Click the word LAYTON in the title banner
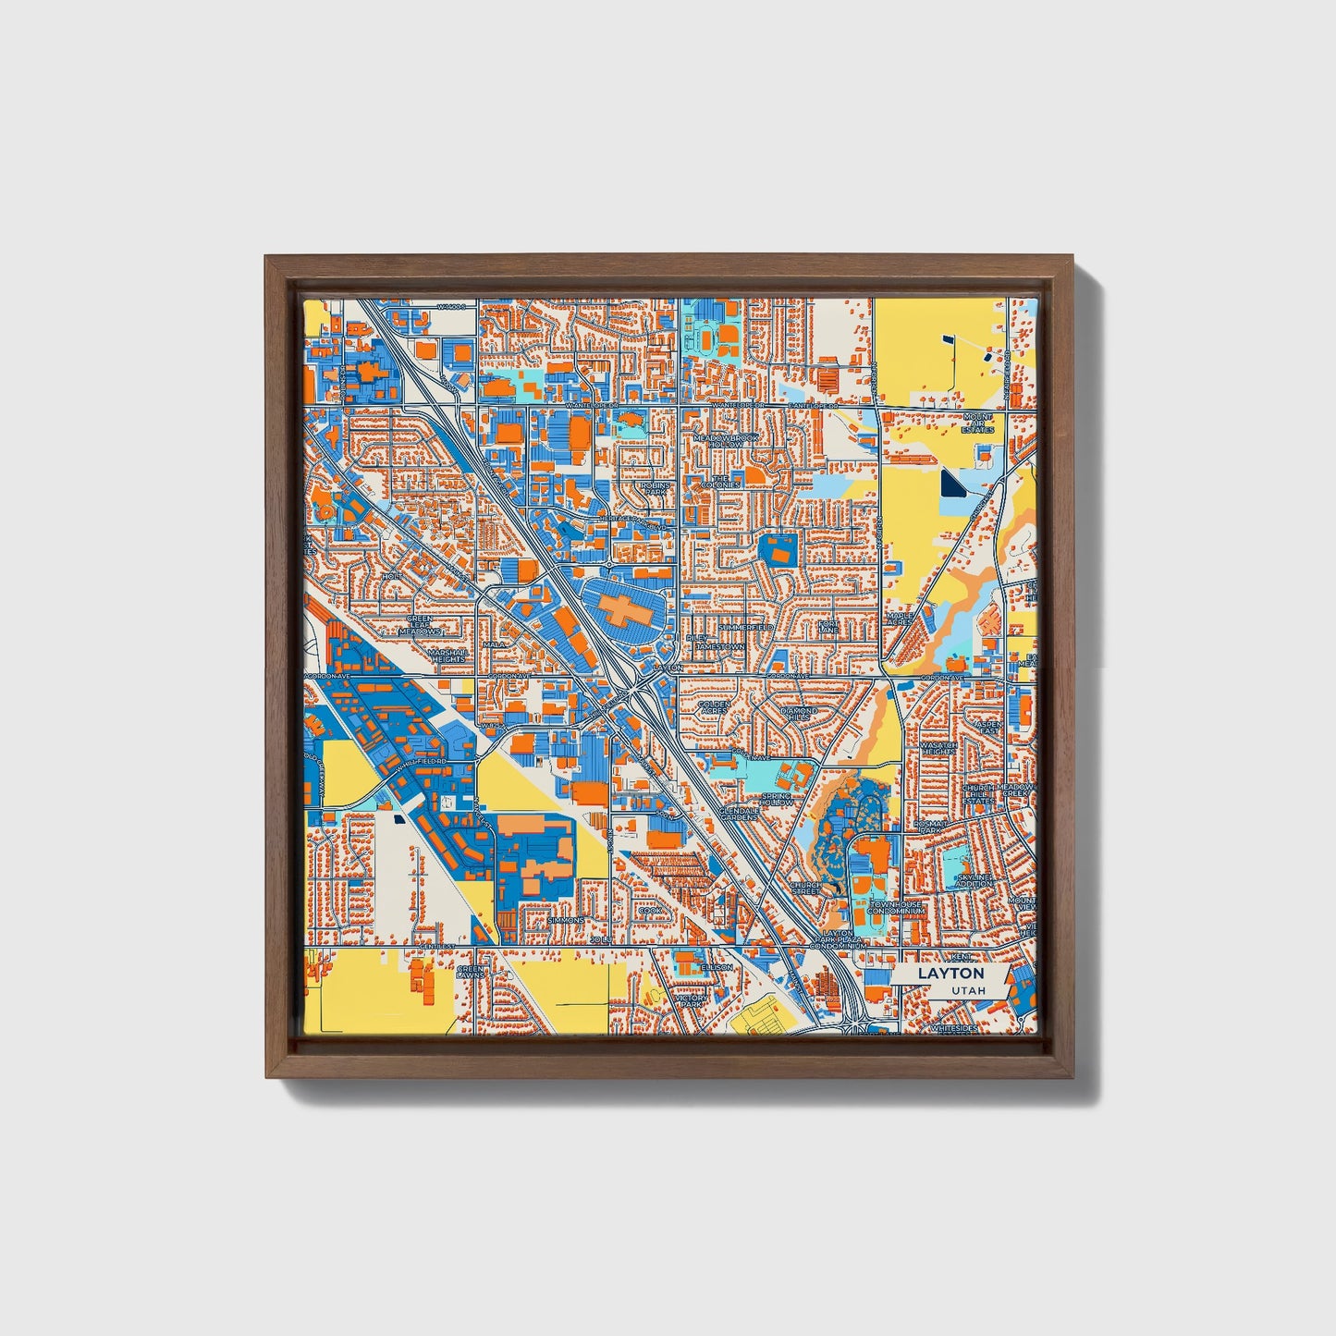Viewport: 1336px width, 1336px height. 950,974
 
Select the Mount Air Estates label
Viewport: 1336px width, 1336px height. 977,423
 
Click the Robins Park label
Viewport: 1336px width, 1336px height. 656,487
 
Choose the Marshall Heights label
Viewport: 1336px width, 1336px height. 448,655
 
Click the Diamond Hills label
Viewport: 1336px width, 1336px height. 800,714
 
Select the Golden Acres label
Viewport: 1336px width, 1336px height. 714,707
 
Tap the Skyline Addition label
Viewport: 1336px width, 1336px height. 974,879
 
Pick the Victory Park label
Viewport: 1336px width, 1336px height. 692,1002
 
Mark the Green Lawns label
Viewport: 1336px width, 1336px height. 469,972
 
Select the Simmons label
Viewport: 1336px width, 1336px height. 565,921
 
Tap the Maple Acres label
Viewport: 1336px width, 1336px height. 900,617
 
